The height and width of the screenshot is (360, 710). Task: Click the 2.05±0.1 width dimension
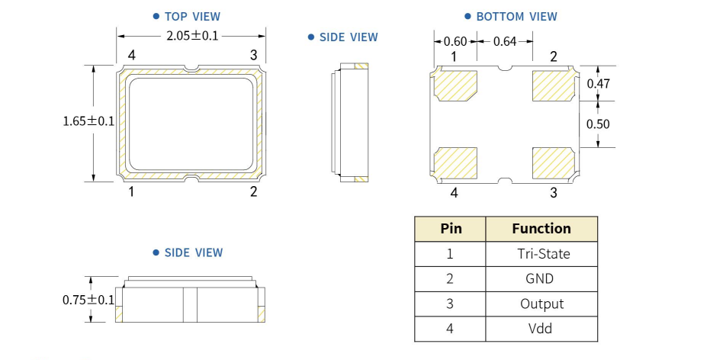click(192, 35)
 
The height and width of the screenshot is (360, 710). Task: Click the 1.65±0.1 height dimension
click(88, 121)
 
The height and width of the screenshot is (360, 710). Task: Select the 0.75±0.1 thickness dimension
click(88, 300)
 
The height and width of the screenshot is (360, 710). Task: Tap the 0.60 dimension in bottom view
click(455, 41)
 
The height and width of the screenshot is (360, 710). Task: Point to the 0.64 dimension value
click(504, 41)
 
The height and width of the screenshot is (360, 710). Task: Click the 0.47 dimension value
click(598, 85)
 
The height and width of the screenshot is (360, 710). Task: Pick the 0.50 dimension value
click(598, 124)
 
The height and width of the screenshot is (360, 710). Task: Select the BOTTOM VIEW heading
click(516, 16)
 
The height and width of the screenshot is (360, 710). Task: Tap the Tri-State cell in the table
click(541, 254)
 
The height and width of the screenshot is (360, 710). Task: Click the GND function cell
click(541, 279)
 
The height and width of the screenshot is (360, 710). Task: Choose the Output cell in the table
click(541, 304)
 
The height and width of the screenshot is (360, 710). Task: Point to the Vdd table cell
click(541, 329)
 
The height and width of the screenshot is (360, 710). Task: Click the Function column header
click(541, 229)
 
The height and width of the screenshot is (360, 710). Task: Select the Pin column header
click(451, 229)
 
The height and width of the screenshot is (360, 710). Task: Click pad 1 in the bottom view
click(456, 85)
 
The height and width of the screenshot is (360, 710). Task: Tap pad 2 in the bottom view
click(554, 85)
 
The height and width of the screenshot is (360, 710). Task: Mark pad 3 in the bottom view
click(554, 161)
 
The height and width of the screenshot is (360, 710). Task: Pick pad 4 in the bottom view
click(456, 161)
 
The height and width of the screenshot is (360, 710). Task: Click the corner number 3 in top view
click(254, 55)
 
